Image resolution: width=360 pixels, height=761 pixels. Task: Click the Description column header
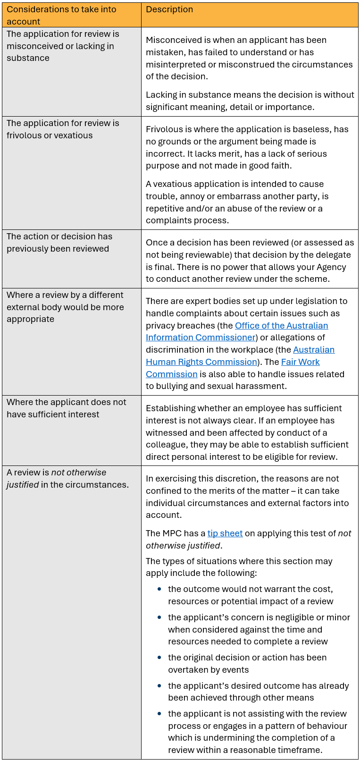coord(169,9)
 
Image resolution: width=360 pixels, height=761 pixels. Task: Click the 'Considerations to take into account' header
coord(61,15)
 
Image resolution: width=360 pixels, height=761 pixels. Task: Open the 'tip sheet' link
coord(225,533)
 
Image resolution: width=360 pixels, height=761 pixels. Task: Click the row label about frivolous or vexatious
coord(63,129)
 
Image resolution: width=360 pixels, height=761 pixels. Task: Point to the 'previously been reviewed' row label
coord(59,242)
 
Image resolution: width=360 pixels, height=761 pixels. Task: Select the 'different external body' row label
coord(65,307)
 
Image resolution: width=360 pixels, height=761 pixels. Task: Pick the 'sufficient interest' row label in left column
coord(66,408)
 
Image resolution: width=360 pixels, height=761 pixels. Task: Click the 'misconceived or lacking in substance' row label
coord(63,46)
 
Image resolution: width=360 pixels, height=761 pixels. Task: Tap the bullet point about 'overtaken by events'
coord(247,663)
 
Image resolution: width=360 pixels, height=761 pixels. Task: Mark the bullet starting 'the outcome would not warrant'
coord(251,595)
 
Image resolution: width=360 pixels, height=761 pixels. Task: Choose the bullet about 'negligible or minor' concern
coord(259,629)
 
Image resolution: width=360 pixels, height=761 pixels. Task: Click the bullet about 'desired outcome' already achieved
coord(258,692)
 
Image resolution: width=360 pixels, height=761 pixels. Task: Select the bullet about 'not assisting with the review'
coord(258,732)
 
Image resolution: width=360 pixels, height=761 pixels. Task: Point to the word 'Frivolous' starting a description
coord(163,129)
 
